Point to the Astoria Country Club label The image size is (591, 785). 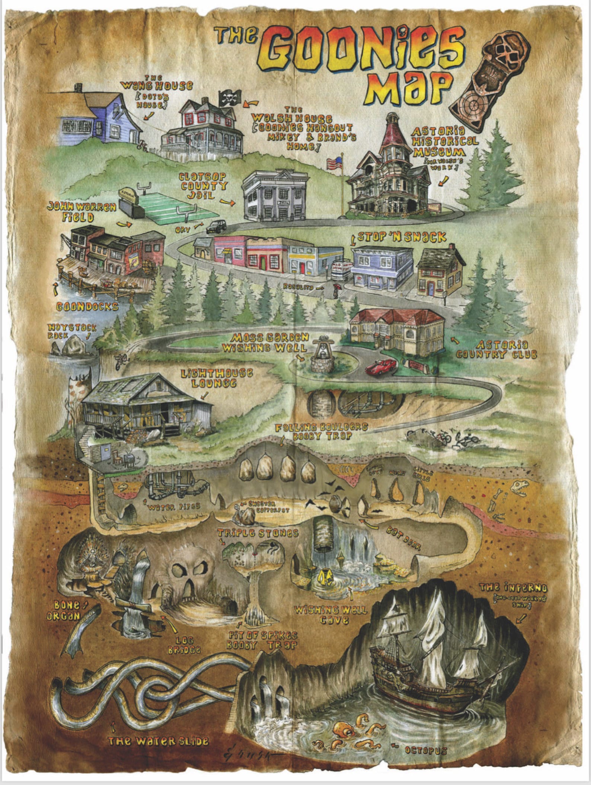(497, 350)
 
